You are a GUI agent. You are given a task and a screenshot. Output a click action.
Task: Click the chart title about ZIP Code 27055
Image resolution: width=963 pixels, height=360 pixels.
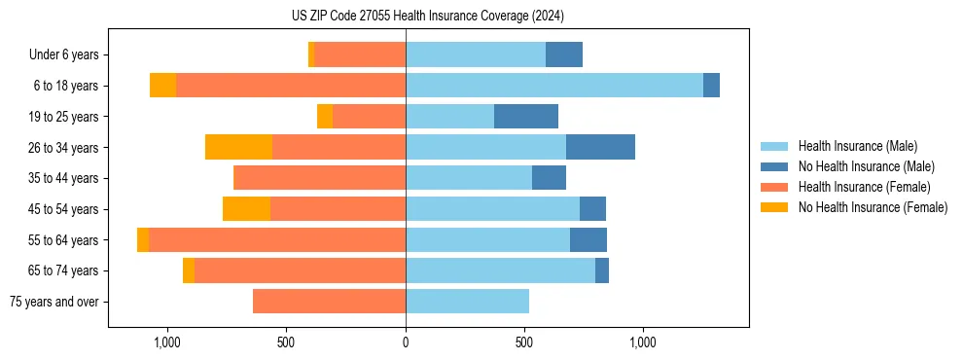(427, 17)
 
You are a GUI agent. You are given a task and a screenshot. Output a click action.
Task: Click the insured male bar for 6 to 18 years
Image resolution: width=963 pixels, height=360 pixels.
(554, 86)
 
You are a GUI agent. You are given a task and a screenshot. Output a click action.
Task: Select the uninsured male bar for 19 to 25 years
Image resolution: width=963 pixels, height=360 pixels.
(526, 117)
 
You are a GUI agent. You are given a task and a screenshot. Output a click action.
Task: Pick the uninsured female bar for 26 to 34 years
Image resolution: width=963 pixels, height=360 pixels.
(239, 147)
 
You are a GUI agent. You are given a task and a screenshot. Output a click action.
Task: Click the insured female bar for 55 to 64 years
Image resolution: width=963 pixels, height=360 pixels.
(277, 239)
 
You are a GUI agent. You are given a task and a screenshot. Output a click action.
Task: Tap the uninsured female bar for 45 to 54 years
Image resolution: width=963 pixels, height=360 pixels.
(247, 209)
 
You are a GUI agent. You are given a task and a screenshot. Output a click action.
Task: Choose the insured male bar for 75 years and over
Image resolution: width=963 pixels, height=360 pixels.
(468, 302)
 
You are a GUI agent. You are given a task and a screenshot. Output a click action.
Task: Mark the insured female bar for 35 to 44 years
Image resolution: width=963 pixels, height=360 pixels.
(320, 178)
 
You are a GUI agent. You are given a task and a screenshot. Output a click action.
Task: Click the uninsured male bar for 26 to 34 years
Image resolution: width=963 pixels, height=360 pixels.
(600, 147)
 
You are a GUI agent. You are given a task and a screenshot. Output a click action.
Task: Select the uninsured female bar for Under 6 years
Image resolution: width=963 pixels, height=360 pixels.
(311, 54)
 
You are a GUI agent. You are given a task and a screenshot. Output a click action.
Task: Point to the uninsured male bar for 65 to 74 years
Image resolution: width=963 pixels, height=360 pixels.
(602, 270)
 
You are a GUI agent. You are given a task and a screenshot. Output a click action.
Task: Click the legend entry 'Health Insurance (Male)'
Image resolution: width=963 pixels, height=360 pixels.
(857, 146)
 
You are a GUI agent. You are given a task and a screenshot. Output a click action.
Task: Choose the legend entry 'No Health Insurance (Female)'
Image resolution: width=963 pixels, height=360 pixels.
(873, 207)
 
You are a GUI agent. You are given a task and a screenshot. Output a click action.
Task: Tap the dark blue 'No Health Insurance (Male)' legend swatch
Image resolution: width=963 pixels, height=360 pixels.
(775, 166)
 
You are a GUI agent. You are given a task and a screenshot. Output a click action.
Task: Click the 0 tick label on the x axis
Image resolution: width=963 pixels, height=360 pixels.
(406, 342)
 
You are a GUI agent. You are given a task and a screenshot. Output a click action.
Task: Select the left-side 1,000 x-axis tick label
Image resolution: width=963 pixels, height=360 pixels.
(166, 342)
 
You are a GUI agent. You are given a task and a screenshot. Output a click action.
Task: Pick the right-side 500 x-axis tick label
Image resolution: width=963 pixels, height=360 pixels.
(524, 342)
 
